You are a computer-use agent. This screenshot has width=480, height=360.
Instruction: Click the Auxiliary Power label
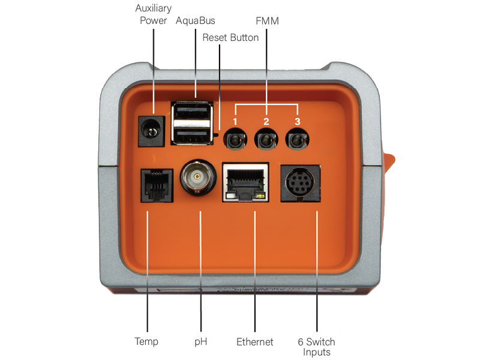(x=154, y=14)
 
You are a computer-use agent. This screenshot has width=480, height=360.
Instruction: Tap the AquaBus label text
(x=196, y=20)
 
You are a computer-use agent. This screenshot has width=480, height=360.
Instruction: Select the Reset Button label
(x=230, y=37)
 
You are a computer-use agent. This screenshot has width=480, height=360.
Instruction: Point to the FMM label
(x=267, y=21)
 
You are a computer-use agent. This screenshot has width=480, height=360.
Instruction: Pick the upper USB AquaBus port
(x=192, y=112)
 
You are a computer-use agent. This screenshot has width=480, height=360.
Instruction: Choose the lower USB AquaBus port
(x=192, y=136)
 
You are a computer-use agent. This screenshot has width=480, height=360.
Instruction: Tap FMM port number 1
(x=235, y=140)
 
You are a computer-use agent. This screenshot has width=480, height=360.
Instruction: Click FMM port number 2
(x=266, y=140)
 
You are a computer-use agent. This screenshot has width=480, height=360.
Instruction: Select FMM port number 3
(x=297, y=140)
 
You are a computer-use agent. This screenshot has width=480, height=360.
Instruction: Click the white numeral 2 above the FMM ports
(x=266, y=122)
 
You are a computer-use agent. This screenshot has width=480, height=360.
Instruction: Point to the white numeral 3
(x=297, y=122)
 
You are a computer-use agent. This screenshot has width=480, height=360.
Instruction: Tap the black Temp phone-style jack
(x=157, y=185)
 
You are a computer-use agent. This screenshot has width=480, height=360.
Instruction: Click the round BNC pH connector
(x=198, y=177)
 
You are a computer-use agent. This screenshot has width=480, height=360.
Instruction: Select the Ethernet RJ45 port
(x=245, y=182)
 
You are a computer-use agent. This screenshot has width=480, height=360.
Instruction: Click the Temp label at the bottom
(x=146, y=341)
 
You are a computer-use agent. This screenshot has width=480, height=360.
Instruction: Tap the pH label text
(x=201, y=341)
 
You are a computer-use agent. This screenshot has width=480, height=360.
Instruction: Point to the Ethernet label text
(x=254, y=341)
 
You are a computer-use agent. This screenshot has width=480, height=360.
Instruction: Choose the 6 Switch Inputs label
(x=317, y=347)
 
